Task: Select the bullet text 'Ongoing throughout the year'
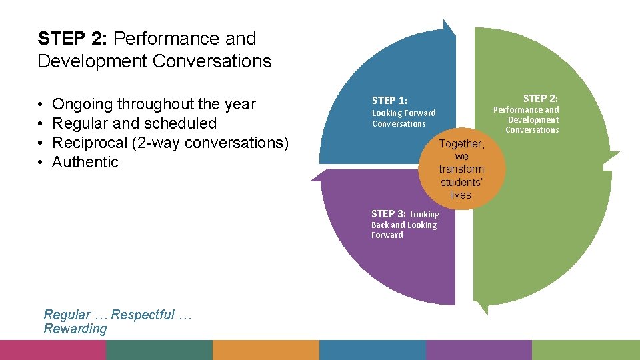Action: click(153, 104)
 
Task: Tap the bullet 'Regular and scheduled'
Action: click(134, 123)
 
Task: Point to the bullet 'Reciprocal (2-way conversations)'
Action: click(170, 143)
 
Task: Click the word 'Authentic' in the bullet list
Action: click(85, 162)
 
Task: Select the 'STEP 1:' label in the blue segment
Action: click(389, 101)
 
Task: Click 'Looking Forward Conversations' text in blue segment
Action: click(403, 118)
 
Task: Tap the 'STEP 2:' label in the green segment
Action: click(540, 98)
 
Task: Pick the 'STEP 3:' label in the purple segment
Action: click(388, 214)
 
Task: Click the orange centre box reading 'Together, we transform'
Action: click(461, 169)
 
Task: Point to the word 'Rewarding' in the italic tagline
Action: click(75, 329)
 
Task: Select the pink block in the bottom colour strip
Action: click(53, 350)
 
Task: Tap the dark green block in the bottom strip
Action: click(159, 350)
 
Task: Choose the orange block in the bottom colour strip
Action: click(266, 350)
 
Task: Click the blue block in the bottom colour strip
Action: click(373, 350)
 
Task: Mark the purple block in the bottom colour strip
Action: click(479, 350)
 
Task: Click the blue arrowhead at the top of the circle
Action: click(449, 27)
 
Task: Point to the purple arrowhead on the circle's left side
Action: click(319, 175)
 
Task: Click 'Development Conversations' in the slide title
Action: click(155, 61)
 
